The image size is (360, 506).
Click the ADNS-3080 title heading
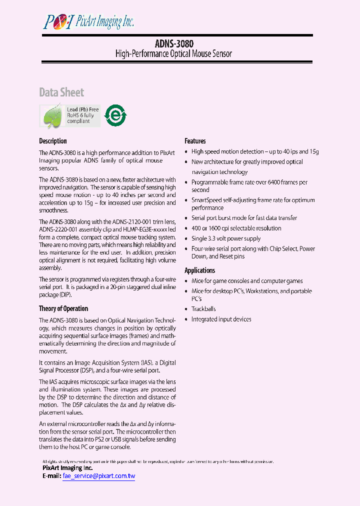[173, 43]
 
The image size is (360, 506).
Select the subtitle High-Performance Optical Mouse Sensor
[173, 53]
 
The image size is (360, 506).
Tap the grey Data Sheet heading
[61, 92]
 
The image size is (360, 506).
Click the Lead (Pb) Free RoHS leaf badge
[69, 115]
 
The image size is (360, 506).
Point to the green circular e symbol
[115, 115]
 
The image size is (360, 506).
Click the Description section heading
[53, 141]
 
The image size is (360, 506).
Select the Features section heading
[195, 141]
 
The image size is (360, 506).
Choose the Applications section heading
[199, 270]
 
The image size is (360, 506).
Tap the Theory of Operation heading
[63, 308]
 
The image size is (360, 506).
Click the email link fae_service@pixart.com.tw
[99, 476]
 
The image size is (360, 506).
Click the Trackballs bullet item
[203, 309]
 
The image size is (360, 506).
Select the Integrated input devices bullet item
[221, 319]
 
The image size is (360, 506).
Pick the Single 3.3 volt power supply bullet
[226, 238]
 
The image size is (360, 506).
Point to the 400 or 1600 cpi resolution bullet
[236, 228]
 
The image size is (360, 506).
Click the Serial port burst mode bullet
[244, 218]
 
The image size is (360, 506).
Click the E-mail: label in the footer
[52, 476]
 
